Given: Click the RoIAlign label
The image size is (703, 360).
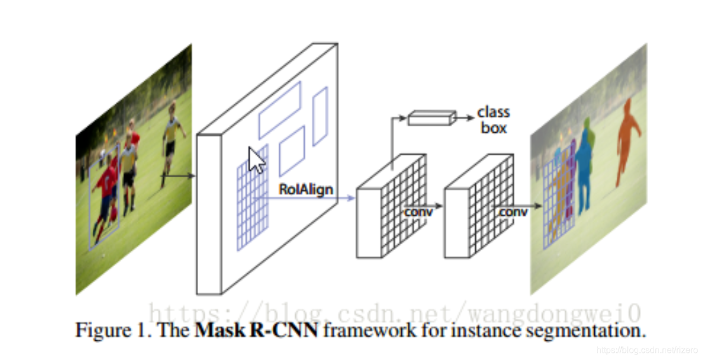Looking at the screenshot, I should click(306, 189).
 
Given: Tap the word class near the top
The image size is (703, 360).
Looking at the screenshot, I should click(493, 113).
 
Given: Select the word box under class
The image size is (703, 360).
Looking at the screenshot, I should click(493, 128).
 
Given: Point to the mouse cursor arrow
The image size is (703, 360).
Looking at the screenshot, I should click(256, 160).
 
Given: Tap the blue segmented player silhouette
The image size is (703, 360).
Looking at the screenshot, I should click(586, 165).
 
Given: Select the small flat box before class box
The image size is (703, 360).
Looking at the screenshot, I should click(432, 118).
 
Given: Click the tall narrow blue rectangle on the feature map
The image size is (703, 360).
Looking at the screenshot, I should click(320, 116).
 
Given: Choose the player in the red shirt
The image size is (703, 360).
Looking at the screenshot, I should click(106, 192).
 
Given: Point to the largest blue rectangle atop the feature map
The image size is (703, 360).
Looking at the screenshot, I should click(280, 110).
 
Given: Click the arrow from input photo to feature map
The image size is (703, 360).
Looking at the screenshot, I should click(178, 176).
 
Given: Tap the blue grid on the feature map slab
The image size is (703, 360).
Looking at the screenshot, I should click(252, 198).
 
